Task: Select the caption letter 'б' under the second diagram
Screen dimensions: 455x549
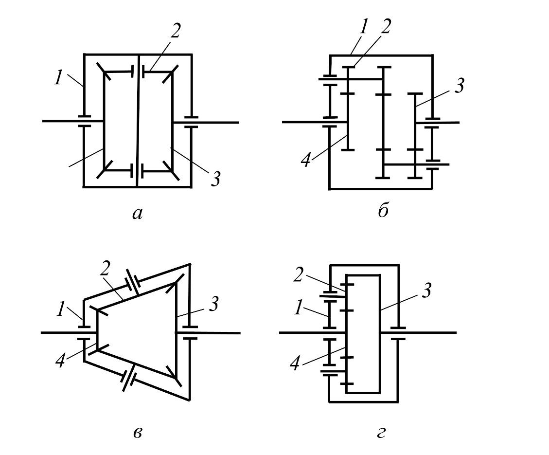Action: [383, 211]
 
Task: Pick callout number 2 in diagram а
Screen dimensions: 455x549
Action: [175, 32]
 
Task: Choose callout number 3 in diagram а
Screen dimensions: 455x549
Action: [215, 179]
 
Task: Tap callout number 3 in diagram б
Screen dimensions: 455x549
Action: [459, 86]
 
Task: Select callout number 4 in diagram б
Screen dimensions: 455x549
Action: [305, 160]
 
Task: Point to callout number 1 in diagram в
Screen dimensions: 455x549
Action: [60, 309]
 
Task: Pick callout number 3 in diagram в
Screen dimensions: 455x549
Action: [213, 305]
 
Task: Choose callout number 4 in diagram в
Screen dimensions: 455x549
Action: [60, 361]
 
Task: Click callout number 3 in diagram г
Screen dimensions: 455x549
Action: [426, 291]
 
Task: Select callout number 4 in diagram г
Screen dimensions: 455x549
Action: [295, 363]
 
